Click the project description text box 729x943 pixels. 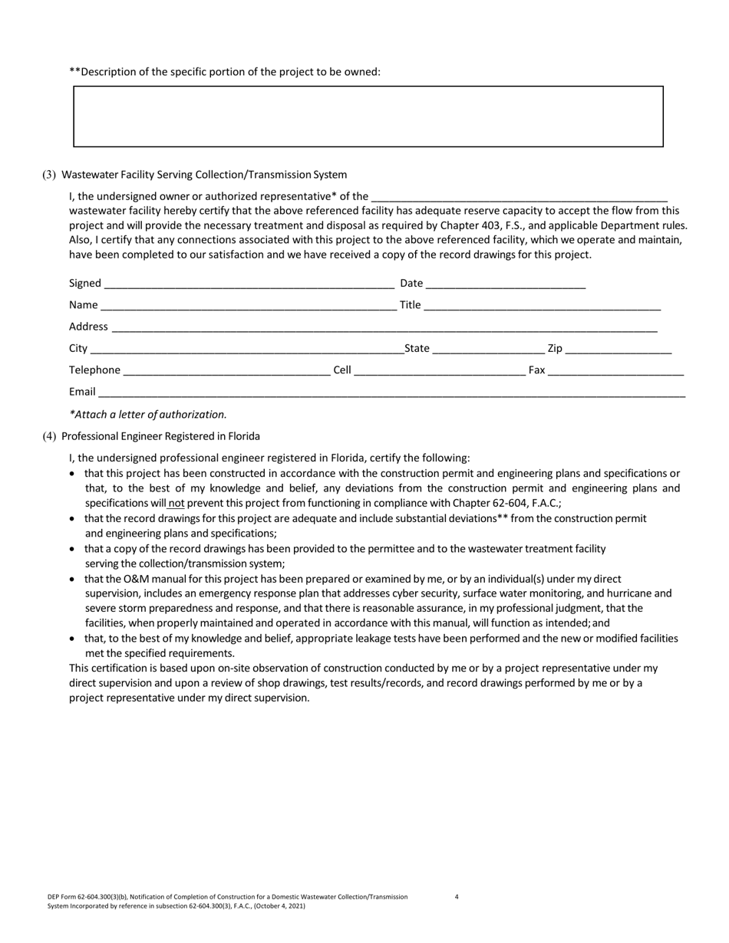pos(368,117)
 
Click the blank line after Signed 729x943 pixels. pos(249,284)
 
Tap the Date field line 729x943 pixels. pos(506,284)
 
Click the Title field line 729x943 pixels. pos(542,305)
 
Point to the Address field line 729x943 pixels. pos(384,327)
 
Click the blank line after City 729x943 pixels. pos(246,350)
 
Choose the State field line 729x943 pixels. pos(488,350)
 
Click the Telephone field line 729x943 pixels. pos(226,371)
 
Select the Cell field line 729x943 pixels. pos(440,371)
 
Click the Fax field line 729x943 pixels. pos(615,371)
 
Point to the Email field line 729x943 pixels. pos(391,393)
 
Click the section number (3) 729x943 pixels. pos(49,175)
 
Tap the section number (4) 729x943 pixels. pos(49,436)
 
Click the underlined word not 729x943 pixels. pos(176,503)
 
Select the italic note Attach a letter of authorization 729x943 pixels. pos(148,415)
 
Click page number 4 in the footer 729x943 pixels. pos(457,896)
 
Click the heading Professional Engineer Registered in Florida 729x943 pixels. pos(160,436)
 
